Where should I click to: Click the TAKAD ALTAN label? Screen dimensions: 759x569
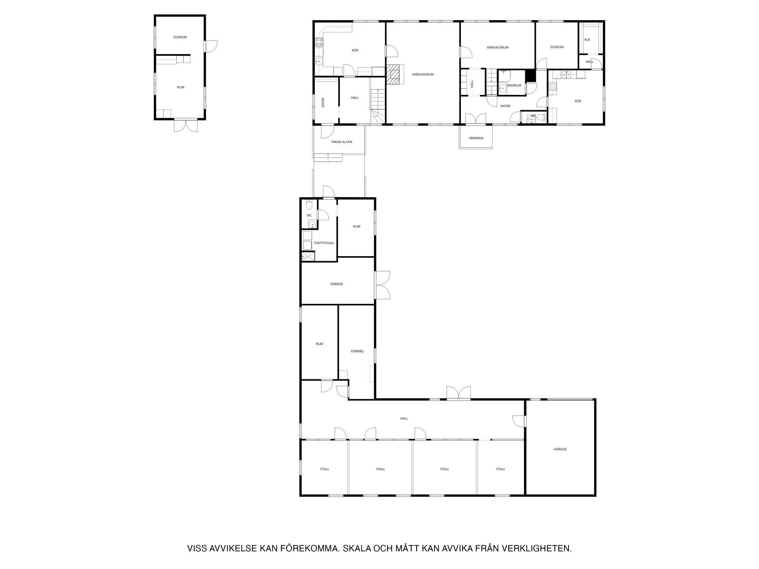click(342, 142)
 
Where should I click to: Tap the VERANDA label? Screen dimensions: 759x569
click(476, 138)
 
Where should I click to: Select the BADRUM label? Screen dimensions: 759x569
click(514, 85)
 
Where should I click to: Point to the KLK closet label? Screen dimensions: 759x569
click(587, 40)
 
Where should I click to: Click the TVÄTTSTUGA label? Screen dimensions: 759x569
click(324, 243)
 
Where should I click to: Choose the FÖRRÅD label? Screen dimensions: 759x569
click(357, 351)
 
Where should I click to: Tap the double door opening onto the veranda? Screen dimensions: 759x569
click(476, 119)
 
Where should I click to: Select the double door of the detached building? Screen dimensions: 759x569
click(185, 125)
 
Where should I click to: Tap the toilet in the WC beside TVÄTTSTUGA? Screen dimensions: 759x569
click(310, 204)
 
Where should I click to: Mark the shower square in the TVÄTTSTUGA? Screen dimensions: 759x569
click(308, 256)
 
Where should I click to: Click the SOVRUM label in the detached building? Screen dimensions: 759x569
click(180, 37)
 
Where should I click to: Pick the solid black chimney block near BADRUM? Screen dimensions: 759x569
click(530, 75)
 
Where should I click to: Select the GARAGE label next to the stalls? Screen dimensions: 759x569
click(560, 449)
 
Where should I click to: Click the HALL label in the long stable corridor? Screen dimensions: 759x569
click(404, 418)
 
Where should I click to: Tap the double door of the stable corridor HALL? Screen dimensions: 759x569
click(459, 393)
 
